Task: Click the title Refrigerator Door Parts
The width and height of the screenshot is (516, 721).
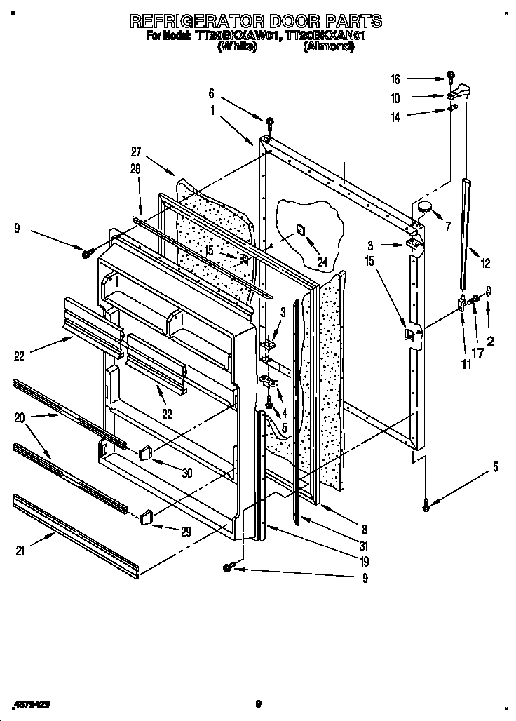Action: (256, 20)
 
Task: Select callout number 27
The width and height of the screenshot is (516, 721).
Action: (137, 151)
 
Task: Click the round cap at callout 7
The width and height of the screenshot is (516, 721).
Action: (424, 206)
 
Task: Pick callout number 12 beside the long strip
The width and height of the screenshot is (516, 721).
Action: (485, 264)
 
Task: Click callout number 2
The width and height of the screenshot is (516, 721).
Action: (491, 342)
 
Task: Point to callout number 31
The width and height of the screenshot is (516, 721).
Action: (343, 546)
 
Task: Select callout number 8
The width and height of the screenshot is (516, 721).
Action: (345, 530)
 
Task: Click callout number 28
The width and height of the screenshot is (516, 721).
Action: (135, 168)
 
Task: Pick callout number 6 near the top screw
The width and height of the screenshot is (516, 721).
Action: (211, 93)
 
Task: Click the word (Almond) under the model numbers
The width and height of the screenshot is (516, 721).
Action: (328, 48)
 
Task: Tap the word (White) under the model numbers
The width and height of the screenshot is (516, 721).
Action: (238, 48)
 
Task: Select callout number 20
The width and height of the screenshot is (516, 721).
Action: (19, 418)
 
